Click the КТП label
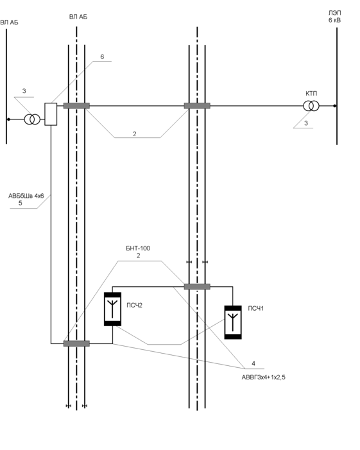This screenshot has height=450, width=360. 311,94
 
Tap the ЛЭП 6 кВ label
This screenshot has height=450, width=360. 335,17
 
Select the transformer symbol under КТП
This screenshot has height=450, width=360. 311,106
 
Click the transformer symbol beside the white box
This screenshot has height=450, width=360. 32,119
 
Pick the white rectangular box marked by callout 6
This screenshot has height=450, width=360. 51,114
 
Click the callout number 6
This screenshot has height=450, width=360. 102,57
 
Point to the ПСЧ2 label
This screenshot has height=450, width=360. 135,306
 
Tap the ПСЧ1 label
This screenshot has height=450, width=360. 256,309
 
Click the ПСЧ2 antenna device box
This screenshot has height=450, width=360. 112,309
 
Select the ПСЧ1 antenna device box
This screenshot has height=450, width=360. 233,322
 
